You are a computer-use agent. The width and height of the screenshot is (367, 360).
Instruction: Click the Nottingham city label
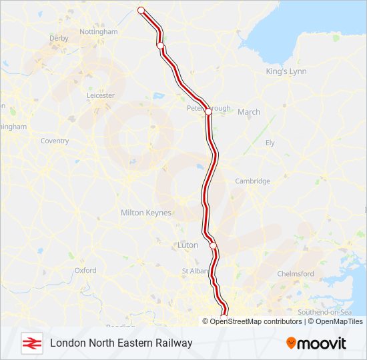[98, 31]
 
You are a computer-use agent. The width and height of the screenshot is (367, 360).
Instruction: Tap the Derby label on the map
[59, 38]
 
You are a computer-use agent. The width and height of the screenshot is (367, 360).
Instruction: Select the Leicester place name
[101, 95]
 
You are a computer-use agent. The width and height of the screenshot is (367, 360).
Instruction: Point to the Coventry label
[55, 141]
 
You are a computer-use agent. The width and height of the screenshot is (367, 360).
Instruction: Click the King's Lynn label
[284, 71]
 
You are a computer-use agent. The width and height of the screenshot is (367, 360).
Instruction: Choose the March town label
[249, 112]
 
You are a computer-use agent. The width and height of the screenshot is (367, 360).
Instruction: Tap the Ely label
[270, 143]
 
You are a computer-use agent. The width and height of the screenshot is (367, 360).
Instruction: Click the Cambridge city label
[252, 181]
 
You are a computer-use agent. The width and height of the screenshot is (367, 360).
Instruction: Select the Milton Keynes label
[145, 213]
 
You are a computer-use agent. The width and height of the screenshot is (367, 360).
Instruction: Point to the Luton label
[188, 245]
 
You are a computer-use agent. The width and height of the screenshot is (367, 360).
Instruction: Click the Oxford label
[85, 270]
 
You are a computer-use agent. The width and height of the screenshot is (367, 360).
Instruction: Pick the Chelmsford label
[295, 273]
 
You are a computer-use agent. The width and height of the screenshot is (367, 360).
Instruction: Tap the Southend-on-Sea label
[324, 312]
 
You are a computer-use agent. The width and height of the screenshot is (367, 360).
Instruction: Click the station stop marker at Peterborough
[208, 112]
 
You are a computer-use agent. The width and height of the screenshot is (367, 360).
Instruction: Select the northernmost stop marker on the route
[141, 10]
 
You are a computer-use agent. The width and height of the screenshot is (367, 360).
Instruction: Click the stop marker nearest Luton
[214, 245]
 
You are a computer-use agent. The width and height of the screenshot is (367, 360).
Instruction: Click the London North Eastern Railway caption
[121, 343]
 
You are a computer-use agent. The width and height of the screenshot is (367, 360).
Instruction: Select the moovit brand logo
[316, 343]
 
